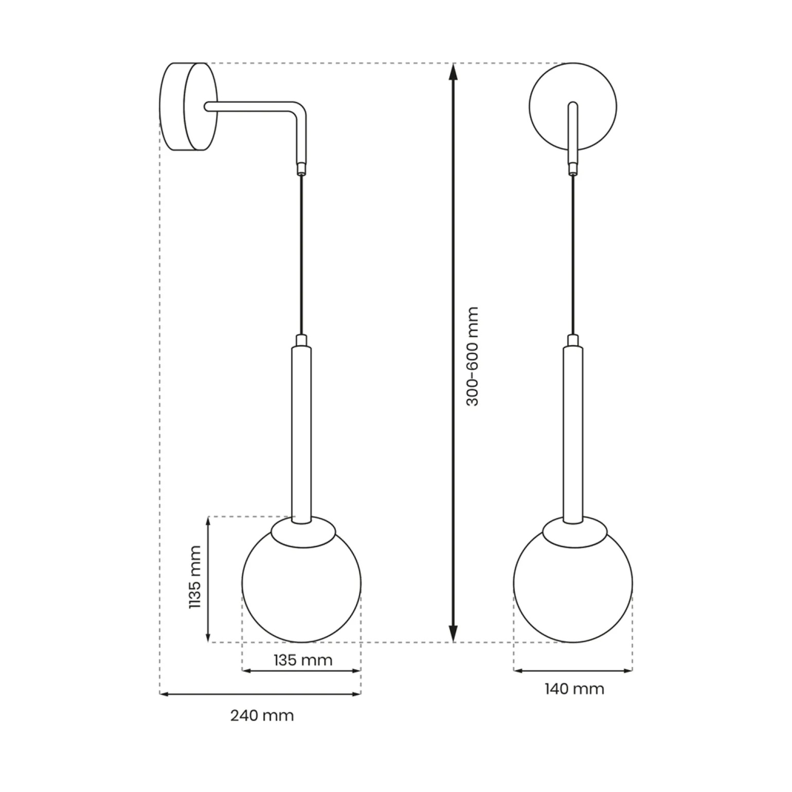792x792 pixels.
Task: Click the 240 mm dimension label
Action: pos(262,715)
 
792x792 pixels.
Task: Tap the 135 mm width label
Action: pos(302,660)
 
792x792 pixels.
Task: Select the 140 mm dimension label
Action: pos(574,689)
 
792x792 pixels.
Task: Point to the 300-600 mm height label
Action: pos(472,356)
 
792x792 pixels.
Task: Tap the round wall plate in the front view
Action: pos(573,106)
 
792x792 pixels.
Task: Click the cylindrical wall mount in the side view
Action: pos(188,107)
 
